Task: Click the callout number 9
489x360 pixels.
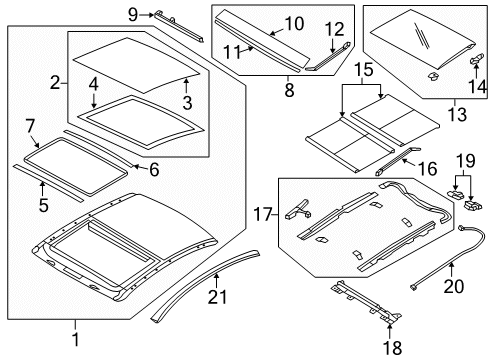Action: (133, 15)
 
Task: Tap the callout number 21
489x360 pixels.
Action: (217, 297)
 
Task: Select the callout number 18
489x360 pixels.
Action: (392, 348)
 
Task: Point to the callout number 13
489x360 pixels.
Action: (457, 115)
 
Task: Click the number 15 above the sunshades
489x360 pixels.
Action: (363, 70)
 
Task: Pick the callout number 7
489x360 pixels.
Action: (30, 126)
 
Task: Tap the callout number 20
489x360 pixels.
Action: (454, 286)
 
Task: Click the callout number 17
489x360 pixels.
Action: (263, 214)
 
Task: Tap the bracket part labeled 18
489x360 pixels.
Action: (367, 302)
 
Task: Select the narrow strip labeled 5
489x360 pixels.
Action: (49, 182)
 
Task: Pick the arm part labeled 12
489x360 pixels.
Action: (328, 56)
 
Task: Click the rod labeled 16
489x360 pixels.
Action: (398, 161)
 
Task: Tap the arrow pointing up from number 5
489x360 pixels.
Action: (42, 189)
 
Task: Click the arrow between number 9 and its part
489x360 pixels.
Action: (147, 15)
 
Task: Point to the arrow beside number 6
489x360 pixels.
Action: (140, 167)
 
